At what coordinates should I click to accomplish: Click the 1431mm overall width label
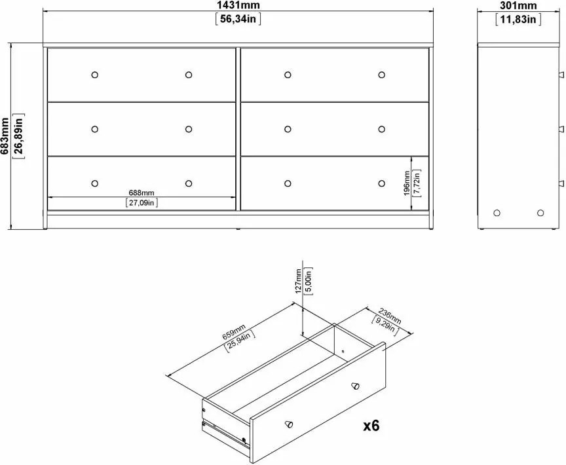click(x=238, y=5)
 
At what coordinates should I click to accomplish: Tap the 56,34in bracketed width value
click(x=238, y=18)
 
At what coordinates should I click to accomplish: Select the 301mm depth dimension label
click(x=518, y=5)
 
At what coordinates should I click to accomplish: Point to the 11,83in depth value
click(x=518, y=19)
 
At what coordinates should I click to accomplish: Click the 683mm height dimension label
click(x=5, y=136)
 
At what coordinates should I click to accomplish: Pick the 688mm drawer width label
click(x=141, y=193)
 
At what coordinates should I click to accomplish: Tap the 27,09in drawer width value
click(x=141, y=203)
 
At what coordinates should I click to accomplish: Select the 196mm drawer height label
click(x=407, y=183)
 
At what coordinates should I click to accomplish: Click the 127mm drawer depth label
click(x=298, y=281)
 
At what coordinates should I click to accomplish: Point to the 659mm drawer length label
click(x=234, y=331)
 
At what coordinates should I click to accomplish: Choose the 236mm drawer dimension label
click(x=390, y=315)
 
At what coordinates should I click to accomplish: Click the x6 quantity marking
click(x=371, y=426)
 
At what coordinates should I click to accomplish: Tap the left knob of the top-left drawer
click(x=94, y=75)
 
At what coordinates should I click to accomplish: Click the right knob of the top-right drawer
click(x=381, y=75)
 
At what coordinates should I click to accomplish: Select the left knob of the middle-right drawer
click(x=288, y=129)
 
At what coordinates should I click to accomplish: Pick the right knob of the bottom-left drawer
click(x=189, y=183)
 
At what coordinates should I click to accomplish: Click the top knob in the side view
click(x=561, y=75)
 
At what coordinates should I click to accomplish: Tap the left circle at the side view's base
click(x=497, y=213)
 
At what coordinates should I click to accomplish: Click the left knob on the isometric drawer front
click(x=289, y=424)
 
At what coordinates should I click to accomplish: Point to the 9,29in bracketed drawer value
click(x=385, y=325)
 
